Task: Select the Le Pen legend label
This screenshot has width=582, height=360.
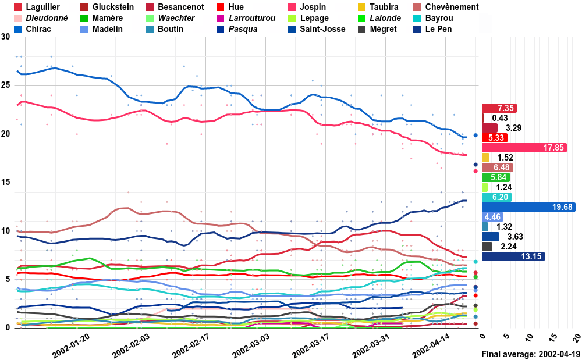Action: [432, 29]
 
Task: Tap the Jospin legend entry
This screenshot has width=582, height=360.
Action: [307, 7]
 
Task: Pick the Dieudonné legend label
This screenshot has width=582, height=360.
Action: [41, 18]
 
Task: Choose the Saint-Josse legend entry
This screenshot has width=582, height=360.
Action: [317, 29]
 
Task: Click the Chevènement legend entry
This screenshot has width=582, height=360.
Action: [446, 7]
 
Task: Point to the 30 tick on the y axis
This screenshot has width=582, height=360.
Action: [6, 37]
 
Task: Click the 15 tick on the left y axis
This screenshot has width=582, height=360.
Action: [6, 183]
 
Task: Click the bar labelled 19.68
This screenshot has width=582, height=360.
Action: [529, 207]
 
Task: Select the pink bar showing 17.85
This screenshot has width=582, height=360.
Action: [524, 148]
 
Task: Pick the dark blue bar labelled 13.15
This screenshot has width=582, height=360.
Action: [513, 256]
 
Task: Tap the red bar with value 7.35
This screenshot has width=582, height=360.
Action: [499, 108]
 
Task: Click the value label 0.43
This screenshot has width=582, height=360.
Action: [499, 118]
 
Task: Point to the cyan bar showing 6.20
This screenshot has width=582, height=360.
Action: [497, 197]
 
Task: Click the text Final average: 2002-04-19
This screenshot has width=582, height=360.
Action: [531, 354]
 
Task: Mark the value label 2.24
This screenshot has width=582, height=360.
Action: [509, 247]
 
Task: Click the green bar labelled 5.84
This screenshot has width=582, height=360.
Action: [496, 177]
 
